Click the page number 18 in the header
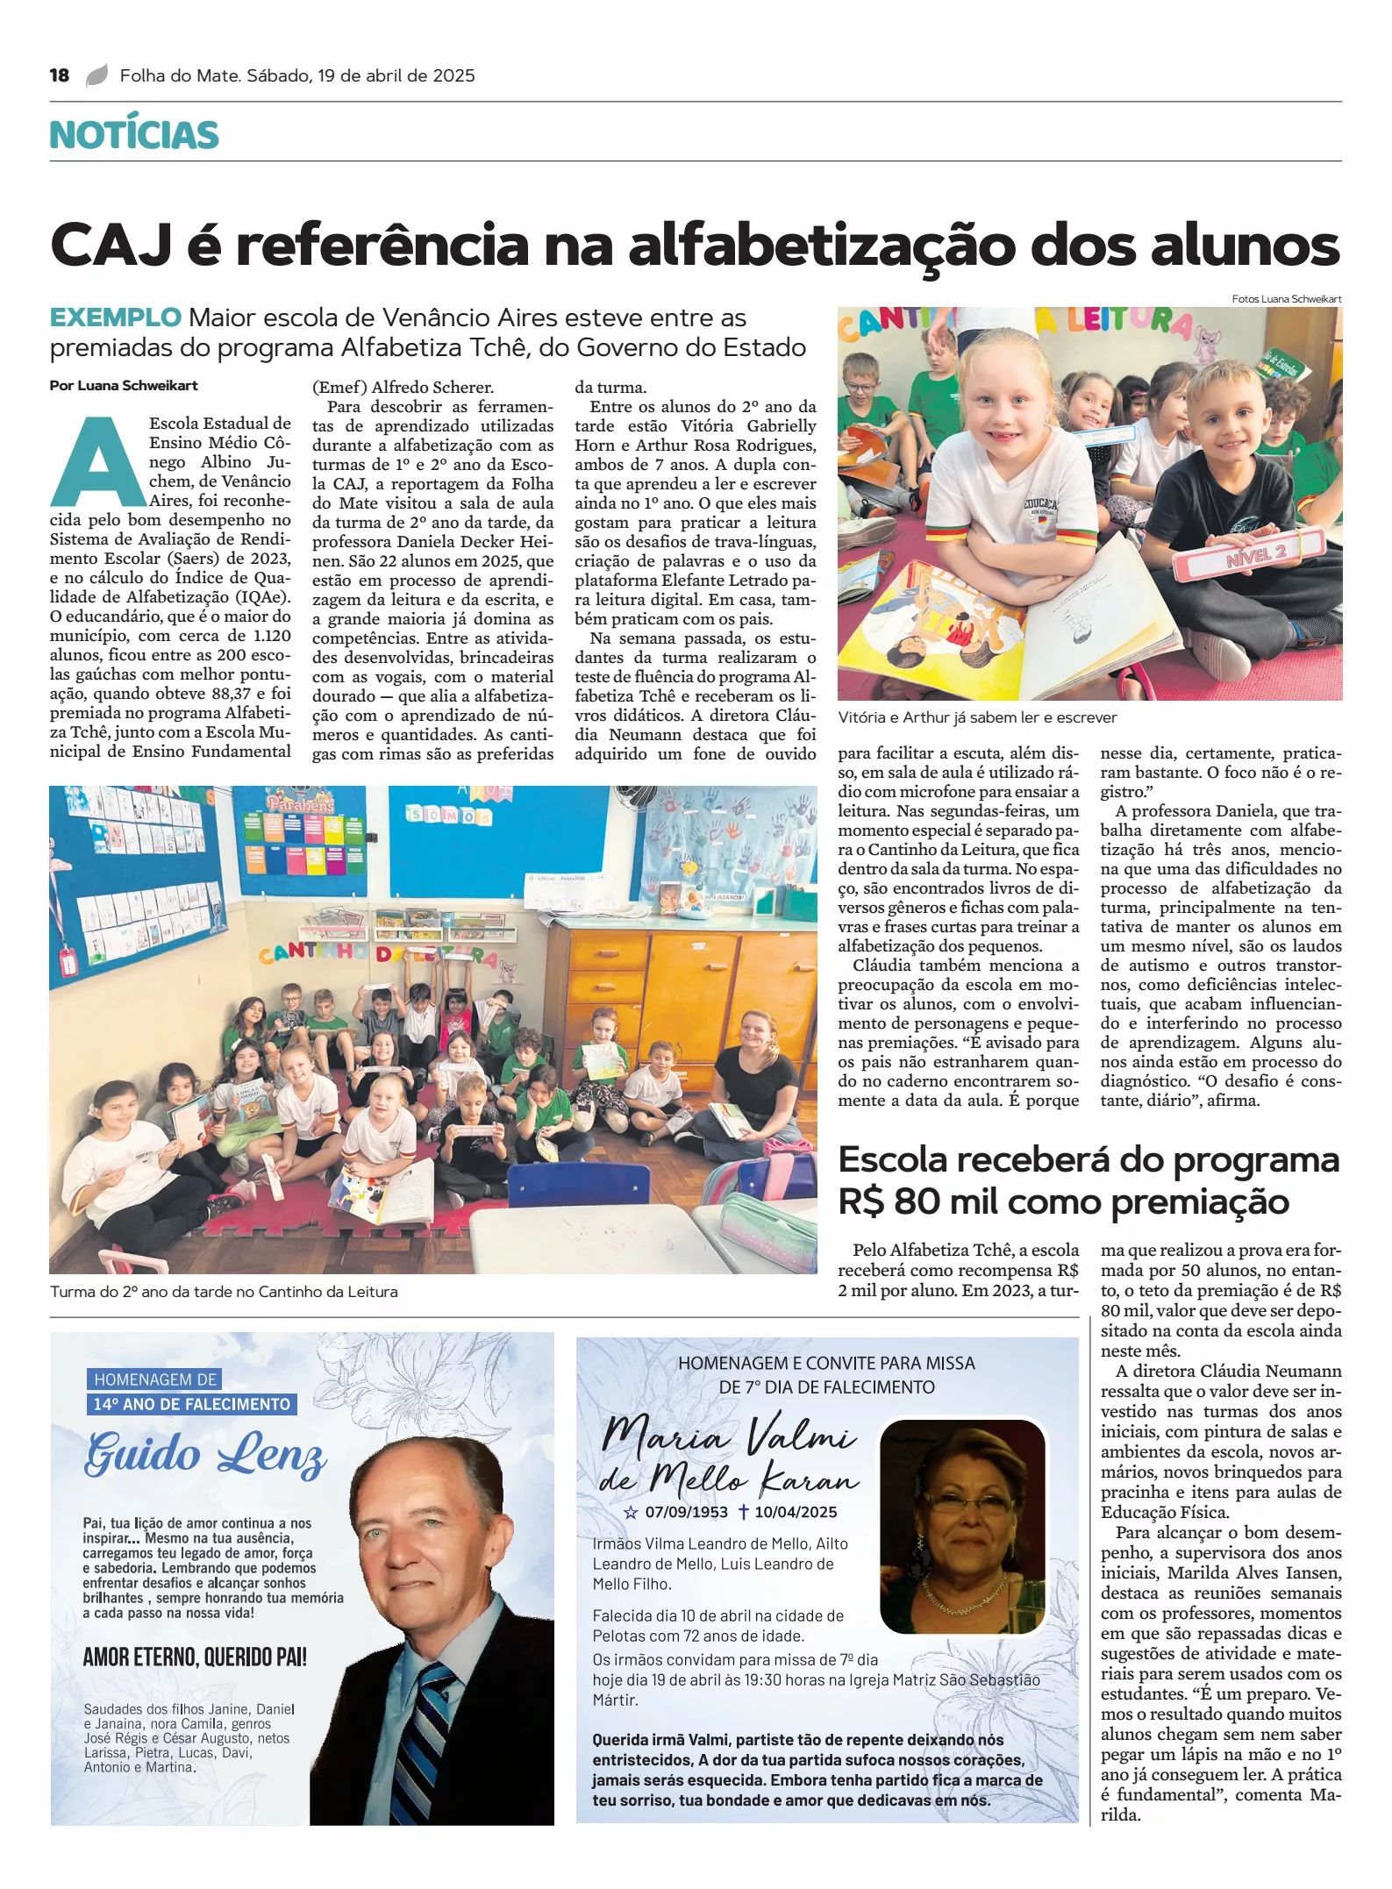coord(60,75)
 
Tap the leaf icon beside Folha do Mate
coord(96,75)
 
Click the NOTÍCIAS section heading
coord(134,135)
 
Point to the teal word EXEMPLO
coord(115,317)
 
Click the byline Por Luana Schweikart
coord(124,386)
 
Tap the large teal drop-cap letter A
coord(97,461)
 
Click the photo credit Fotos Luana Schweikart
coord(1286,299)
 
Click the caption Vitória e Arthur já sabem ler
coord(977,717)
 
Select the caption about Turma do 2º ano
coord(224,1292)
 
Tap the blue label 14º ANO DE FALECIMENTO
coord(192,1404)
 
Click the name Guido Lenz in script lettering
coord(205,1455)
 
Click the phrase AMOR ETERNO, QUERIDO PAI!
coord(195,1657)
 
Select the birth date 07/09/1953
coord(686,1512)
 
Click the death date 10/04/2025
coord(796,1512)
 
